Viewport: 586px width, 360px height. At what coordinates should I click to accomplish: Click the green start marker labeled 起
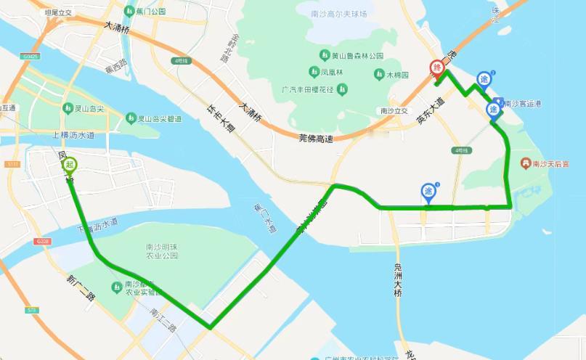click(70, 165)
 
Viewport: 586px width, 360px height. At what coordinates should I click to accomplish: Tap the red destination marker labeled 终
click(437, 68)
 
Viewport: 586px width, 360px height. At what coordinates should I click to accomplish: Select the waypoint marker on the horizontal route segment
click(428, 192)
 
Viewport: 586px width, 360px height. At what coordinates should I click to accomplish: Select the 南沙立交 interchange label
click(394, 111)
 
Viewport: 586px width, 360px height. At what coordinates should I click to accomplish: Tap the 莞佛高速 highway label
click(319, 138)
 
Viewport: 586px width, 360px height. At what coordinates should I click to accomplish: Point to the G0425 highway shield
click(31, 55)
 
